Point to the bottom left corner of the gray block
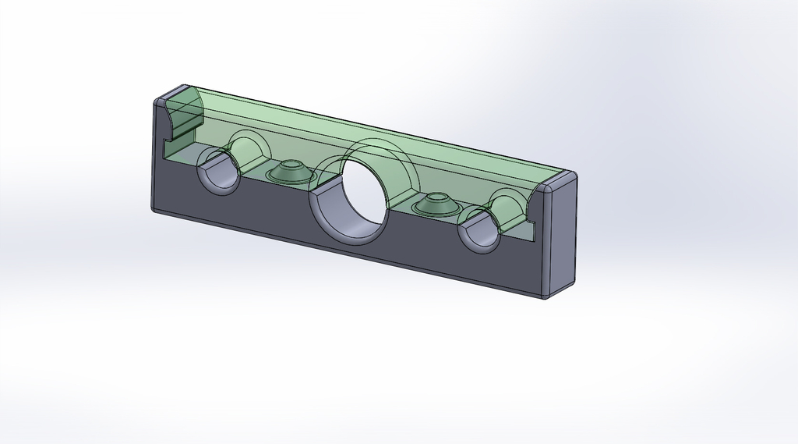154,209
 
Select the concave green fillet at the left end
183,118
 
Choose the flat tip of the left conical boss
292,165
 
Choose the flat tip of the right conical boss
436,198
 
